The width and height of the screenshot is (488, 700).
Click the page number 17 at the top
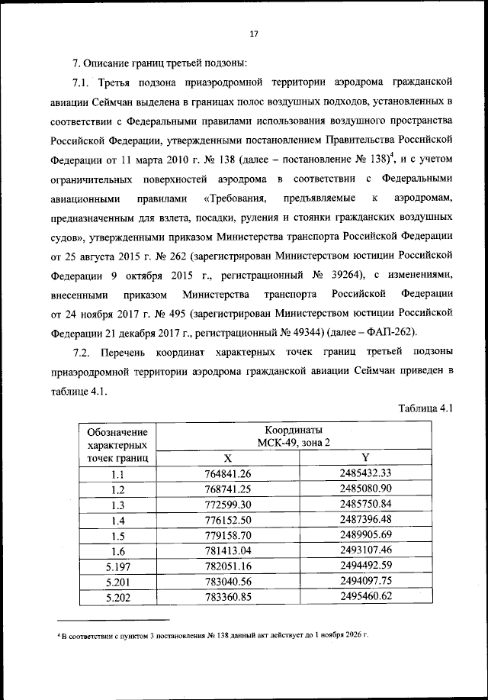tap(255, 34)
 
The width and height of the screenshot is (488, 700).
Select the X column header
tap(227, 458)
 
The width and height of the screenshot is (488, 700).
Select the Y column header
tap(365, 458)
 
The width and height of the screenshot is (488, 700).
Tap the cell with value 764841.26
tap(228, 474)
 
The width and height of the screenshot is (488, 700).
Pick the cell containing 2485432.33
tap(365, 474)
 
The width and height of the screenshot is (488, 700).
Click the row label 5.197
tap(117, 566)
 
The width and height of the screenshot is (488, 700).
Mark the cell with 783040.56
tap(228, 581)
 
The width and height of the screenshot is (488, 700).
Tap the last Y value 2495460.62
tap(365, 596)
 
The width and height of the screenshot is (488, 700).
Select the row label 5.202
tap(117, 596)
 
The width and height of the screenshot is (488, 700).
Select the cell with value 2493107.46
tap(365, 550)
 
